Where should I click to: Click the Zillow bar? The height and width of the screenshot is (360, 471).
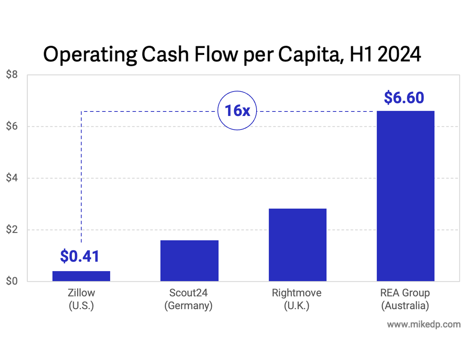pyautogui.click(x=81, y=276)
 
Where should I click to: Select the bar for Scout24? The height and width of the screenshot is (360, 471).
pyautogui.click(x=189, y=261)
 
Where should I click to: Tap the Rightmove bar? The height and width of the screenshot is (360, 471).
pyautogui.click(x=298, y=245)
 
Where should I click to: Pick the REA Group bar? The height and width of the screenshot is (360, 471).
pyautogui.click(x=406, y=196)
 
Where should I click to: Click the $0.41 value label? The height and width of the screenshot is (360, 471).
pyautogui.click(x=80, y=256)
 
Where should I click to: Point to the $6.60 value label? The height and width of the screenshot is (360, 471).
pyautogui.click(x=404, y=98)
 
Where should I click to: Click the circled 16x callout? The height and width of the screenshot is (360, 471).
pyautogui.click(x=237, y=111)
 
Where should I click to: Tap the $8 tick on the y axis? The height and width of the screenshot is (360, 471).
pyautogui.click(x=12, y=75)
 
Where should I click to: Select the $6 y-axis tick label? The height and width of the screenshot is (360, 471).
pyautogui.click(x=12, y=126)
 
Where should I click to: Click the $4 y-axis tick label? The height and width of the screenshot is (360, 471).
pyautogui.click(x=12, y=178)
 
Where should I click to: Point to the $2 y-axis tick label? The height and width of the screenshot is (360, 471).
pyautogui.click(x=12, y=229)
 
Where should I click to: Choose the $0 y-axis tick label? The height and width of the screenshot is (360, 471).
pyautogui.click(x=12, y=281)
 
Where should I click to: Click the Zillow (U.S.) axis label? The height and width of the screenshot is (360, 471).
pyautogui.click(x=81, y=299)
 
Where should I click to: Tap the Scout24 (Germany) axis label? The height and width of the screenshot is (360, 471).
pyautogui.click(x=188, y=299)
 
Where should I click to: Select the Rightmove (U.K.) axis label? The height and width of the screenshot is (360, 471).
pyautogui.click(x=297, y=299)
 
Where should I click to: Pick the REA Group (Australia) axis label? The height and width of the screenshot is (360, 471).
pyautogui.click(x=405, y=299)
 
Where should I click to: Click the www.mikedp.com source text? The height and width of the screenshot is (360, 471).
pyautogui.click(x=424, y=325)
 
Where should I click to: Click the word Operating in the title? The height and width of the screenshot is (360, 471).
pyautogui.click(x=90, y=55)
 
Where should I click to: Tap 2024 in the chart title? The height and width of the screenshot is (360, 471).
pyautogui.click(x=399, y=54)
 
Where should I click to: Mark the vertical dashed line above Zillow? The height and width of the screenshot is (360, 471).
pyautogui.click(x=81, y=177)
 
